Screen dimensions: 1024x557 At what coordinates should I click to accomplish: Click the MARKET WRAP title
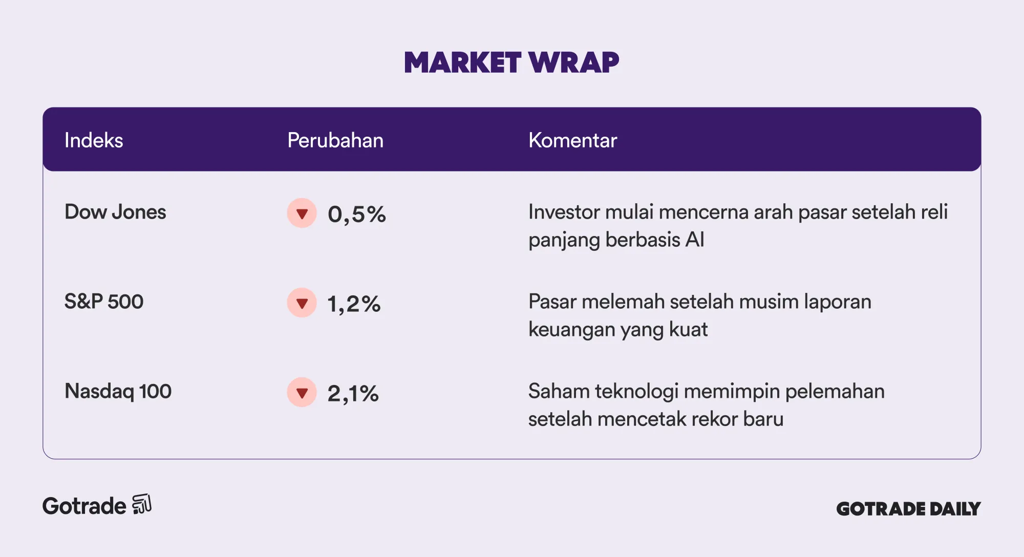click(511, 62)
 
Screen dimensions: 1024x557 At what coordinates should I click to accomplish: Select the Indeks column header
click(94, 140)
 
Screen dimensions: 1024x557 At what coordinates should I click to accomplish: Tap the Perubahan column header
click(335, 140)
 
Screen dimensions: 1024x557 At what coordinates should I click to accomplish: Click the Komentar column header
click(572, 140)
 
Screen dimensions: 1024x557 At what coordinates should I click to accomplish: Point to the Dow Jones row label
click(115, 212)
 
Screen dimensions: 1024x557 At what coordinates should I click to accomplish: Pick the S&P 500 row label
click(104, 302)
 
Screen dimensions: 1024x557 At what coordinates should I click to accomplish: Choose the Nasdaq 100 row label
click(118, 391)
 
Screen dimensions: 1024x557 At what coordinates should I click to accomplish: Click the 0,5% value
click(357, 214)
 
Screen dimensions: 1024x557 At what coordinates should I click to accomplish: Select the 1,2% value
click(354, 304)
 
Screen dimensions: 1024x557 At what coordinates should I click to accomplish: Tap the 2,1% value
click(353, 393)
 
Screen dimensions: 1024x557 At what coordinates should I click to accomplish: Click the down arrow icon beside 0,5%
click(302, 213)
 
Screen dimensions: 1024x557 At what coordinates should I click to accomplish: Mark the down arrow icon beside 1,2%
click(302, 303)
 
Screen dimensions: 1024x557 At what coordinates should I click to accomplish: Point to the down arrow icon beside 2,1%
click(302, 392)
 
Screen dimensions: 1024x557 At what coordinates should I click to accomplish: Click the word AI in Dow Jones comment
click(695, 240)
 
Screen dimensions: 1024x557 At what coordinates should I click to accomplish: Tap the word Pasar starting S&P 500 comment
click(552, 302)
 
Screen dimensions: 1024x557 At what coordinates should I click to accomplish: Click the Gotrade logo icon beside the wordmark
click(142, 504)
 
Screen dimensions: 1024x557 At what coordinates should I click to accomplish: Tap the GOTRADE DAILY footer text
click(908, 508)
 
